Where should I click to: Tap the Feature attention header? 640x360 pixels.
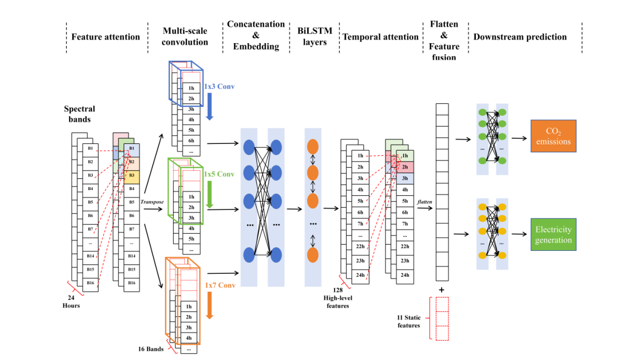coord(105,37)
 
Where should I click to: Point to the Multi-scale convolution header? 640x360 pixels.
coord(185,37)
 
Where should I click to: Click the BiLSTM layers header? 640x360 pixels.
coord(315,37)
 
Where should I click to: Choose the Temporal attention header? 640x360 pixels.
coord(380,37)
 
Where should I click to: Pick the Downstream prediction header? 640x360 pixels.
coord(520,37)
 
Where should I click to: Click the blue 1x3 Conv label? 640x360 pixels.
coord(219,86)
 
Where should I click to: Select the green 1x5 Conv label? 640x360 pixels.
coord(220,175)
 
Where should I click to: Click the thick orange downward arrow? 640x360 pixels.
coord(209,305)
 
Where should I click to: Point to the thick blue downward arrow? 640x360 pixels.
coord(209,108)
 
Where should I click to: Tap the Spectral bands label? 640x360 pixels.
coord(79,114)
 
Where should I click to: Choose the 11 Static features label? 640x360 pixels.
coord(409,321)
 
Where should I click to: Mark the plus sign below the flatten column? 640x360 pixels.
coord(442,289)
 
